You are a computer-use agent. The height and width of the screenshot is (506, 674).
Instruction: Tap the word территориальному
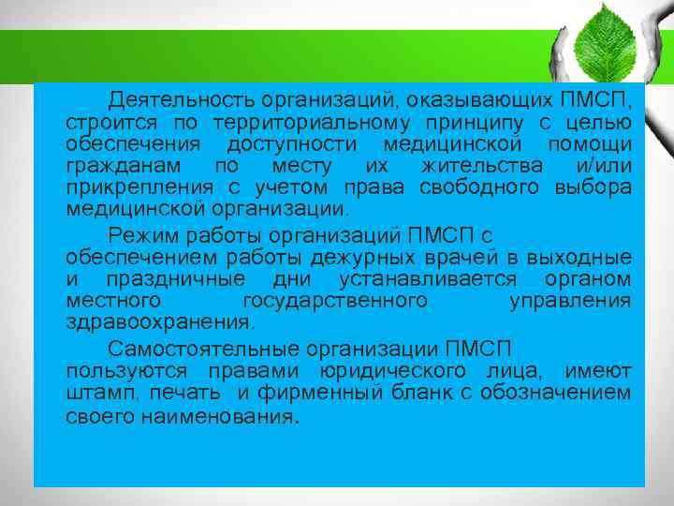tap(330, 123)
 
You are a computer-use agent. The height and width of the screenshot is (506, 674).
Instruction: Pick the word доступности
tap(291, 144)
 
